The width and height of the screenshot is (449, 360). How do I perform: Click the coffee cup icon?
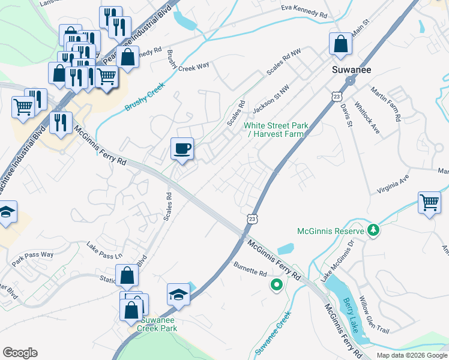[182, 148]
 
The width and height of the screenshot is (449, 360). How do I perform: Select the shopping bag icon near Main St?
[340, 43]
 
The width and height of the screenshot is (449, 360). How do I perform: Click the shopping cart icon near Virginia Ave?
[429, 203]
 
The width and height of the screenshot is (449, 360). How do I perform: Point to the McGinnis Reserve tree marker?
[373, 230]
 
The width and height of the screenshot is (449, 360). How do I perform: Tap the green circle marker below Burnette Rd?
[277, 286]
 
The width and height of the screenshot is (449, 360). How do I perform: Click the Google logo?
[20, 353]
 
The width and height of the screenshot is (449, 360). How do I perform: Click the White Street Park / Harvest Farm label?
[276, 130]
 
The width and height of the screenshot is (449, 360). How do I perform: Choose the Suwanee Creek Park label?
[157, 325]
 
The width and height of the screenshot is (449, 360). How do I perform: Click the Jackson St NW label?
[271, 98]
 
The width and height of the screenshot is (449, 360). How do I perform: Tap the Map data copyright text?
[411, 355]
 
